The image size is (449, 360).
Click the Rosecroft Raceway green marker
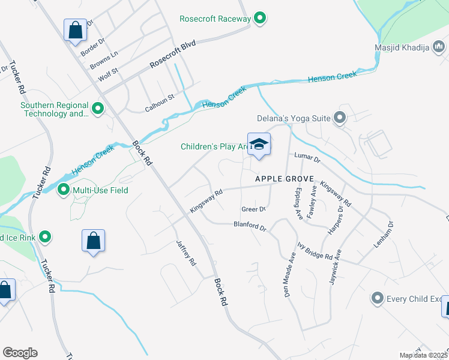tap(260, 19)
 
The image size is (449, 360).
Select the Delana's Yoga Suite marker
tap(340, 118)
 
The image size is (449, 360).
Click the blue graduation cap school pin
tap(259, 145)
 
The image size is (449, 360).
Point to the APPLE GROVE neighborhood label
tap(284, 179)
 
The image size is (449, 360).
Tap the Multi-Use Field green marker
tap(63, 191)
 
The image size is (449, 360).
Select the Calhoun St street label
tap(159, 103)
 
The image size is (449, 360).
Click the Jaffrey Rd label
tap(186, 253)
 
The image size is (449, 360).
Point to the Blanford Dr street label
tap(249, 227)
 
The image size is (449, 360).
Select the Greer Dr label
tap(253, 209)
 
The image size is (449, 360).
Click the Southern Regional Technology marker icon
tap(98, 109)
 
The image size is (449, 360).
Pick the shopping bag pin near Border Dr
tap(76, 30)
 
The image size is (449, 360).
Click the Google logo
tap(20, 353)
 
